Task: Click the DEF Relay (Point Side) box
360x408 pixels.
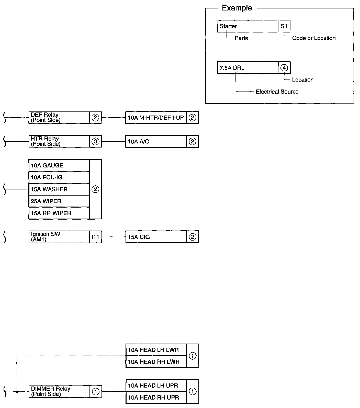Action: [59, 118]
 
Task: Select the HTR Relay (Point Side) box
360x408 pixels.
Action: [59, 141]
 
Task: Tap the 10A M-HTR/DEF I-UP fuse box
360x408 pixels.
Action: [156, 118]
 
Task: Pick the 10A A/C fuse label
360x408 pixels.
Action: [156, 141]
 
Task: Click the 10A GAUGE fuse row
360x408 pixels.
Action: [59, 165]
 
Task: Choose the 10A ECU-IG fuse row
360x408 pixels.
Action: [59, 177]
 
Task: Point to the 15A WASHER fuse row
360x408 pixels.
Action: [59, 189]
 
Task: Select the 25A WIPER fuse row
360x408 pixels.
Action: [59, 201]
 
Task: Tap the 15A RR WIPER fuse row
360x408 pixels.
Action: [59, 213]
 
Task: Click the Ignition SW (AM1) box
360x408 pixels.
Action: [59, 237]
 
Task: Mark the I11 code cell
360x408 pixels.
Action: [95, 237]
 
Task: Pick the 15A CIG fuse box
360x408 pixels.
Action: [156, 237]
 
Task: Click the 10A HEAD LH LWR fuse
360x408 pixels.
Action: [156, 350]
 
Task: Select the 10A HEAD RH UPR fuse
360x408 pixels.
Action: [156, 398]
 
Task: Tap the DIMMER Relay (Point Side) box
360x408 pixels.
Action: [59, 391]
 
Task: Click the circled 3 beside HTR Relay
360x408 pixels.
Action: [95, 141]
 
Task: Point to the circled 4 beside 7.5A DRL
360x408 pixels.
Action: [284, 68]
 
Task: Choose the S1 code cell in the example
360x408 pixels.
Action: [284, 26]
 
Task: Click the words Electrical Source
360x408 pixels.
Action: [277, 92]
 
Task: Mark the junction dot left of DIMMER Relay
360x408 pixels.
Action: [17, 391]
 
